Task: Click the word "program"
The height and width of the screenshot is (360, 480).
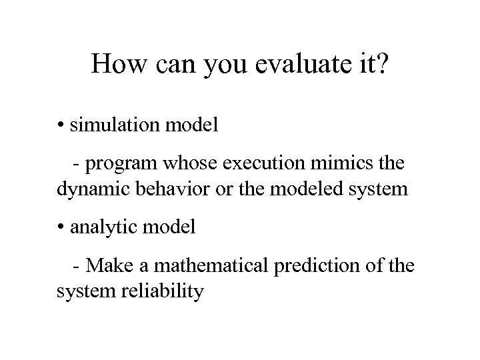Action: [x=122, y=165]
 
